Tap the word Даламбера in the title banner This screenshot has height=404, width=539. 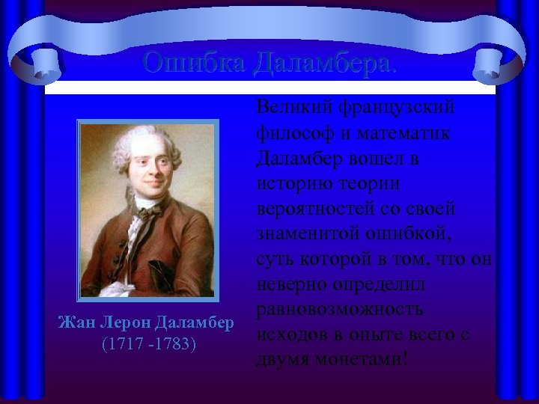tap(323, 63)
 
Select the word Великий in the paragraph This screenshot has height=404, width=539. tap(291, 108)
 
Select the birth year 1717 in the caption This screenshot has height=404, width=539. tap(120, 344)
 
